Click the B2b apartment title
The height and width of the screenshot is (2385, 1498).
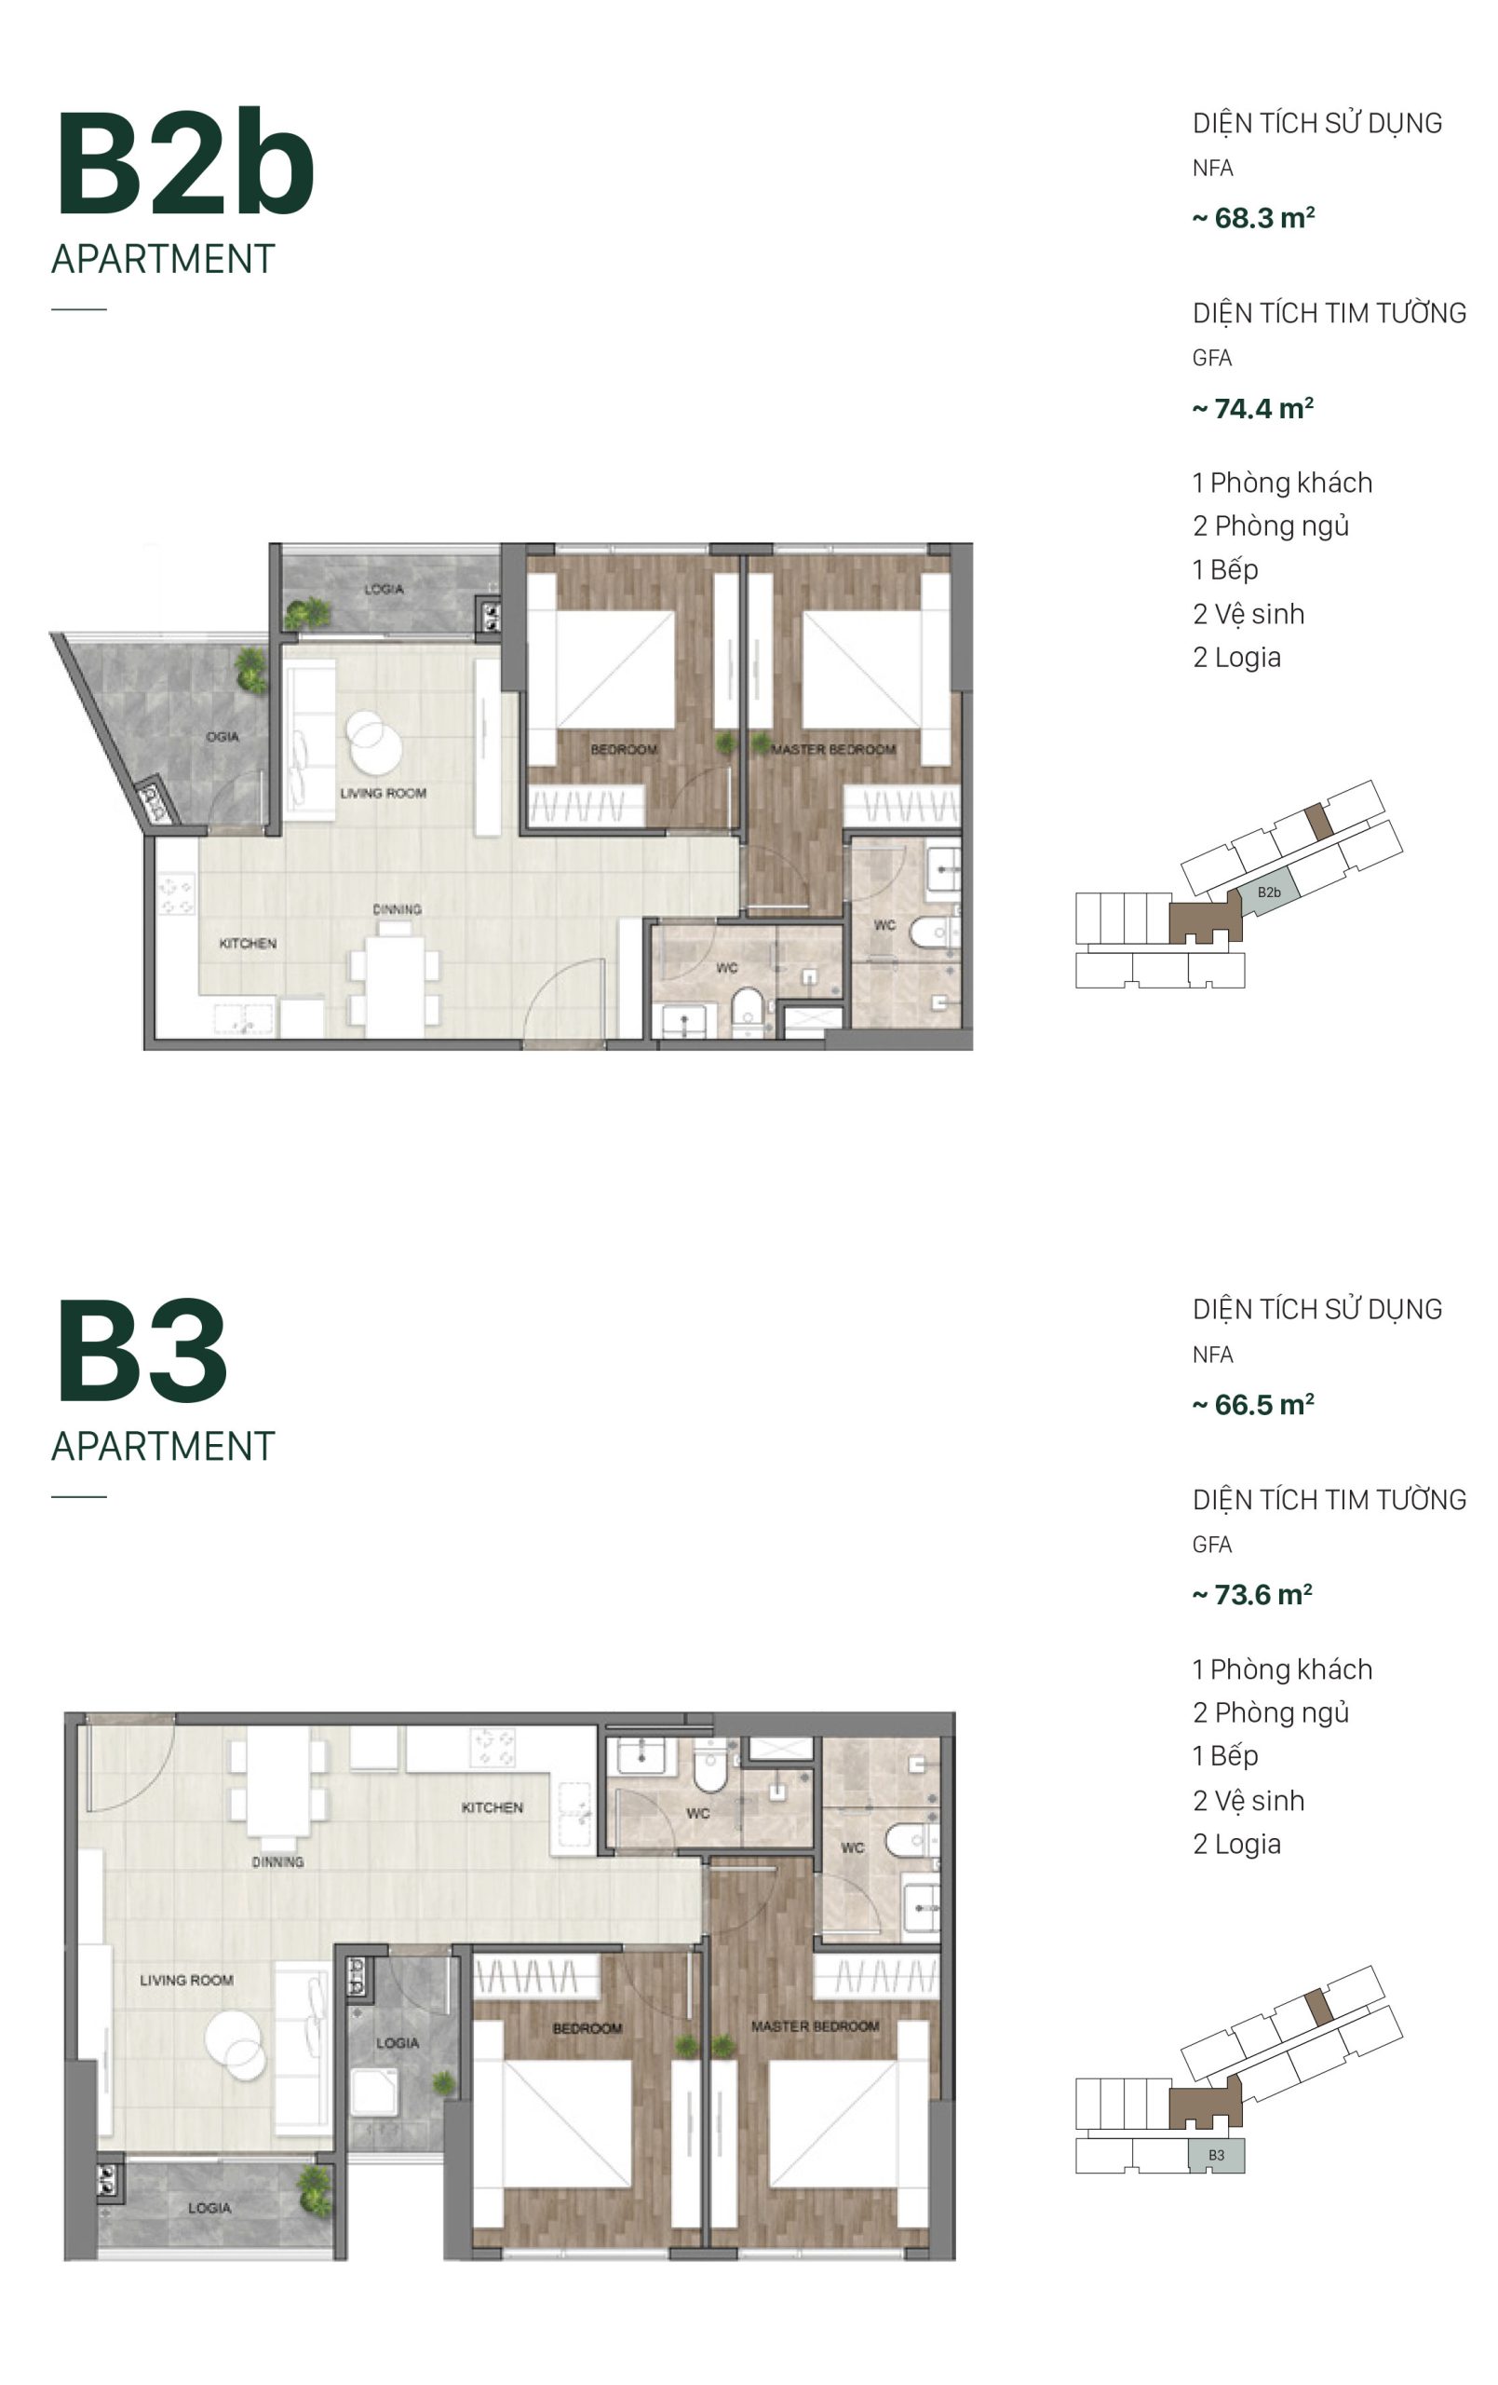pyautogui.click(x=184, y=163)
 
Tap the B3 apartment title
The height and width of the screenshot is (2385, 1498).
pyautogui.click(x=142, y=1351)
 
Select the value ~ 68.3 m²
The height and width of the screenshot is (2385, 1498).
pyautogui.click(x=1252, y=218)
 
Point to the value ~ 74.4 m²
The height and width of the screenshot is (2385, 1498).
pyautogui.click(x=1252, y=408)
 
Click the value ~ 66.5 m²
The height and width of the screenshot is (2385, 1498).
pyautogui.click(x=1252, y=1405)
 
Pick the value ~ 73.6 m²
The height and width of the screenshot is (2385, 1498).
pyautogui.click(x=1251, y=1595)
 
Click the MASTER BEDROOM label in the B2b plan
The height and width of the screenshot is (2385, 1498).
pyautogui.click(x=832, y=750)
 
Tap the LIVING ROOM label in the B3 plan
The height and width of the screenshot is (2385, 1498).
pyautogui.click(x=186, y=1980)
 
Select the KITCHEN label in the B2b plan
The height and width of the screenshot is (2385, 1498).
pyautogui.click(x=248, y=944)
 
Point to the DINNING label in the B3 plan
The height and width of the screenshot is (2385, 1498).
pyautogui.click(x=277, y=1862)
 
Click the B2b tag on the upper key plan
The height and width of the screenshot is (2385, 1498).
pyautogui.click(x=1268, y=893)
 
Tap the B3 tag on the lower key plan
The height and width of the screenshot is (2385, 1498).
pyautogui.click(x=1216, y=2155)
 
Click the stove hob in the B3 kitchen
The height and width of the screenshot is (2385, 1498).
pyautogui.click(x=493, y=1748)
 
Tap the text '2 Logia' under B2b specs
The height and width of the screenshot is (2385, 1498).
pyautogui.click(x=1235, y=658)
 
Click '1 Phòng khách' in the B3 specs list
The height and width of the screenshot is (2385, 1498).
pyautogui.click(x=1281, y=1669)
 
